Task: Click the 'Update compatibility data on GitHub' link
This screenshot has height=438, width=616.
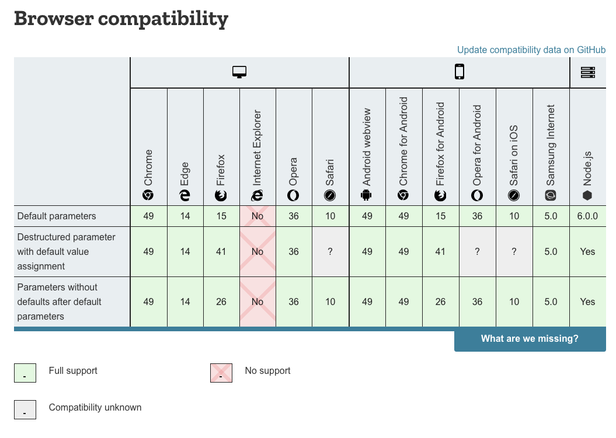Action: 531,50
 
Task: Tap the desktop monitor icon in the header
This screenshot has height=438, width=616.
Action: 239,72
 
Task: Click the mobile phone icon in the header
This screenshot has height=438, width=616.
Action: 460,72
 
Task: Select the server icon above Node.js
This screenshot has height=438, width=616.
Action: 587,72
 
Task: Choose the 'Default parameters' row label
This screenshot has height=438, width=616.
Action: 57,216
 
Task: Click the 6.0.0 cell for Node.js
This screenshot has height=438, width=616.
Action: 587,216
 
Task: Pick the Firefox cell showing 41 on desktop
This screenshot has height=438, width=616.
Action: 221,252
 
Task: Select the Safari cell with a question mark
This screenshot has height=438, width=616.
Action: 330,252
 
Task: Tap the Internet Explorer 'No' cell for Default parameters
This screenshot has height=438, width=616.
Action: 257,216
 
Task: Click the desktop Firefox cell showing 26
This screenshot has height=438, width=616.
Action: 221,302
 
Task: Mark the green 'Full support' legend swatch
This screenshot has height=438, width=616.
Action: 25,373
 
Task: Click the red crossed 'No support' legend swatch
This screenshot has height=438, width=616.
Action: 221,373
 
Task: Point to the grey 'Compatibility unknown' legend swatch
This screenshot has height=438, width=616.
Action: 25,409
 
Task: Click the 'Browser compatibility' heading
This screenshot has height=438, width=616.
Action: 121,19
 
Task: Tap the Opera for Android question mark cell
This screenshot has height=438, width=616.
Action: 478,252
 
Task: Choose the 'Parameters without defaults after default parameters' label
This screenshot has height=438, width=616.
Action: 60,302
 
